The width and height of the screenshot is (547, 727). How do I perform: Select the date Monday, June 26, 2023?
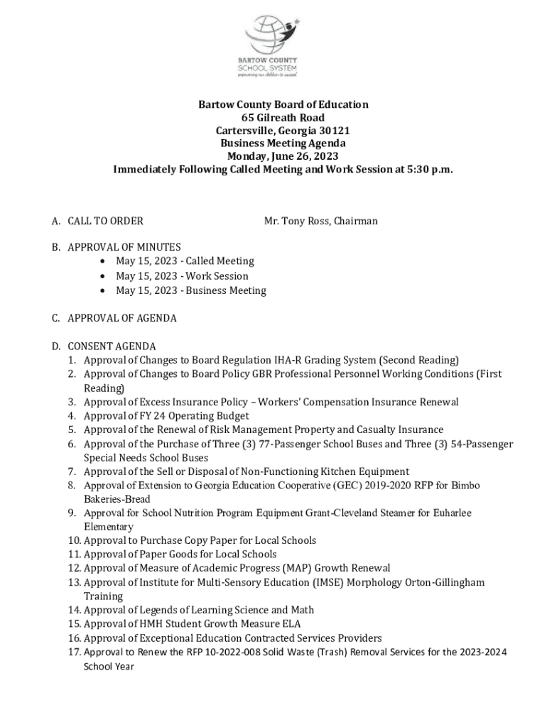[x=283, y=157]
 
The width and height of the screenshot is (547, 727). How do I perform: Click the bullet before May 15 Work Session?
[x=104, y=276]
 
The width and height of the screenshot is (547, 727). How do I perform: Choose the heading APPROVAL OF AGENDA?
[x=121, y=318]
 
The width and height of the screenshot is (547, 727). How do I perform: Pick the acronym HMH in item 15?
[x=152, y=624]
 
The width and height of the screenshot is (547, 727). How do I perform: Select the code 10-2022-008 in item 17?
[x=210, y=652]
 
